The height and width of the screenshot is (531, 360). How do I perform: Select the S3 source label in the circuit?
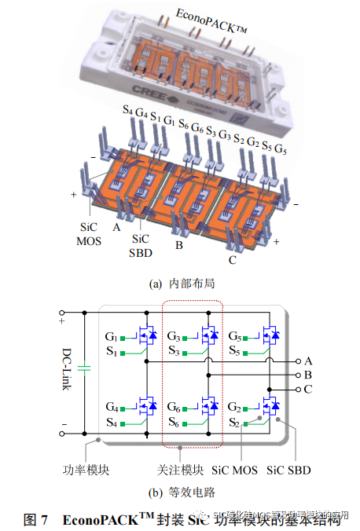pos(177,350)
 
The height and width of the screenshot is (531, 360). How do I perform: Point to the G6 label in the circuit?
pos(176,406)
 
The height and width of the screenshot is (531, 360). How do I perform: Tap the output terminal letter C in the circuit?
pos(308,389)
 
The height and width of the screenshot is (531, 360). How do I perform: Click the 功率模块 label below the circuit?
pos(84,470)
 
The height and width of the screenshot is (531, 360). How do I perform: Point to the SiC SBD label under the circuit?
pos(288,470)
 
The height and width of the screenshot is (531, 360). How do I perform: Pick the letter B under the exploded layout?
pos(178,245)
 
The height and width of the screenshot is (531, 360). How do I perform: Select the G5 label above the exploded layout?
pos(280,147)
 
